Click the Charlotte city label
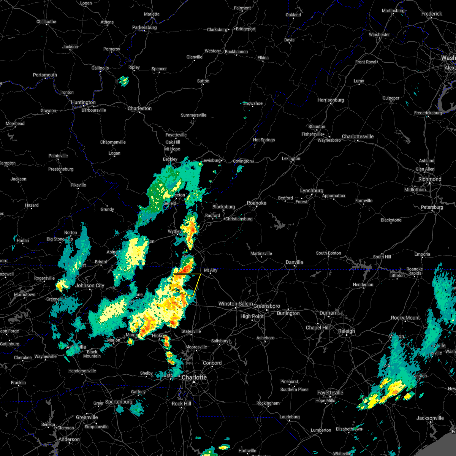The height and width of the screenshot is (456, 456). pyautogui.click(x=194, y=377)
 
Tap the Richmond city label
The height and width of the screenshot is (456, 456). pyautogui.click(x=430, y=179)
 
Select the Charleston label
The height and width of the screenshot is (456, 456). pyautogui.click(x=139, y=108)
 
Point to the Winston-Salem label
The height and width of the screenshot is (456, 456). pyautogui.click(x=236, y=304)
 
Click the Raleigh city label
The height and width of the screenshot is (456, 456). pyautogui.click(x=347, y=331)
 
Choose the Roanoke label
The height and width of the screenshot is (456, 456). pyautogui.click(x=256, y=203)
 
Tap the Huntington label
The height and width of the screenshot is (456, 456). pyautogui.click(x=83, y=102)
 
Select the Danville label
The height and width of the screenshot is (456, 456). pyautogui.click(x=294, y=262)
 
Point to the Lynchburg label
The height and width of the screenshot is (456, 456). pyautogui.click(x=312, y=190)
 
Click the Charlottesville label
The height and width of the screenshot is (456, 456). pyautogui.click(x=358, y=136)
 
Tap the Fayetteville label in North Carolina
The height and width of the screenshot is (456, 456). pyautogui.click(x=330, y=393)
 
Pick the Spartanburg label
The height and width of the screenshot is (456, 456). pyautogui.click(x=119, y=402)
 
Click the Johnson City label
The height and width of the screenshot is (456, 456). pyautogui.click(x=90, y=285)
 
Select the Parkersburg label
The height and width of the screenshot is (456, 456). pyautogui.click(x=144, y=27)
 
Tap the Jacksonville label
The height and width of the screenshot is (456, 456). pyautogui.click(x=430, y=418)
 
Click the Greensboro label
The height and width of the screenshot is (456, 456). pyautogui.click(x=267, y=306)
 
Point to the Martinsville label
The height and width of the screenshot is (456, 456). pyautogui.click(x=261, y=253)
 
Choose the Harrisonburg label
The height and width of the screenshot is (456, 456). pyautogui.click(x=331, y=100)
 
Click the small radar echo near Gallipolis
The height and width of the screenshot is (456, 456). pyautogui.click(x=123, y=81)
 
